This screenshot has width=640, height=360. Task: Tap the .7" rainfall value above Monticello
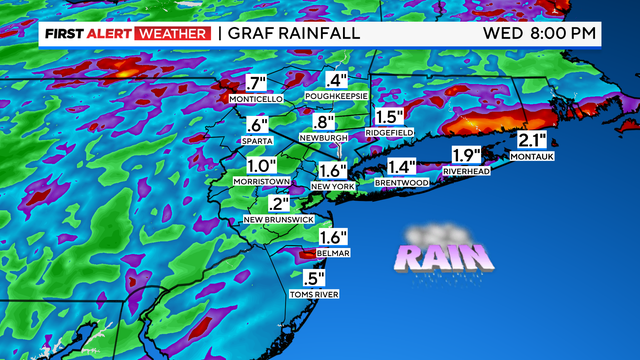(258, 84)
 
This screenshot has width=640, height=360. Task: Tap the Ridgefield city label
(390, 131)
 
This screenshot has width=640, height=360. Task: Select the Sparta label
(259, 141)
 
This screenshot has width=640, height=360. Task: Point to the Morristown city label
(261, 181)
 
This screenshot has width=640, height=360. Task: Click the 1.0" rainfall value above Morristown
(261, 165)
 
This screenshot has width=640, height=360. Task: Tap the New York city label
(334, 186)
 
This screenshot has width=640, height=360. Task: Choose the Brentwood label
(401, 183)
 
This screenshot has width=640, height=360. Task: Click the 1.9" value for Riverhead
(467, 155)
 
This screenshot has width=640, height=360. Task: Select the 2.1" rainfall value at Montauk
(531, 140)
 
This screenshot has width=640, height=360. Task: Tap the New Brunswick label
(279, 220)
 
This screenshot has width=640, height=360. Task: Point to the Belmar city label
(331, 254)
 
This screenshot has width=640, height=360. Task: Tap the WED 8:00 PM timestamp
(540, 33)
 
